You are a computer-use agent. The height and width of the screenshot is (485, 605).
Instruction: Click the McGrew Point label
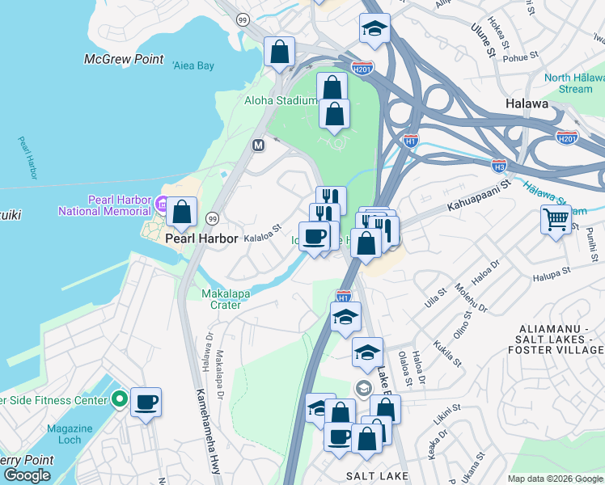coord(124,60)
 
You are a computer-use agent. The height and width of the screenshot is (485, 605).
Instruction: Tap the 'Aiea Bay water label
coord(192,65)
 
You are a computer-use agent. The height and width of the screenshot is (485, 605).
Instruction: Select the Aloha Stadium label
coord(280,101)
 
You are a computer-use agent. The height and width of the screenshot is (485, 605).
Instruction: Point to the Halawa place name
coord(527,104)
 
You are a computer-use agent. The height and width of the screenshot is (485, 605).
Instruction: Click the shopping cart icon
coord(556,219)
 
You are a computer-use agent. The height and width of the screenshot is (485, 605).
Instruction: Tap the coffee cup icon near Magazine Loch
coord(146,402)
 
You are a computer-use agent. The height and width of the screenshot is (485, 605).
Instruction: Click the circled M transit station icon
coord(259,145)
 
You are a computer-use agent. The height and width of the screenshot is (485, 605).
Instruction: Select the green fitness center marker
coord(120,399)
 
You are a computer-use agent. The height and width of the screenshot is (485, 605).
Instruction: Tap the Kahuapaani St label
coord(485,196)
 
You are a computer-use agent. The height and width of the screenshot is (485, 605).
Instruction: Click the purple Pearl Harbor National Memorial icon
coord(161,204)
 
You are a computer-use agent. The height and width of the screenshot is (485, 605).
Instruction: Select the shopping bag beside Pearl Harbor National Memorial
coord(184,213)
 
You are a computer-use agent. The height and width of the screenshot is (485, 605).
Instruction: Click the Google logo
coord(27,475)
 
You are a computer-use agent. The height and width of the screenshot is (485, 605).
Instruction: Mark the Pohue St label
coord(522,57)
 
